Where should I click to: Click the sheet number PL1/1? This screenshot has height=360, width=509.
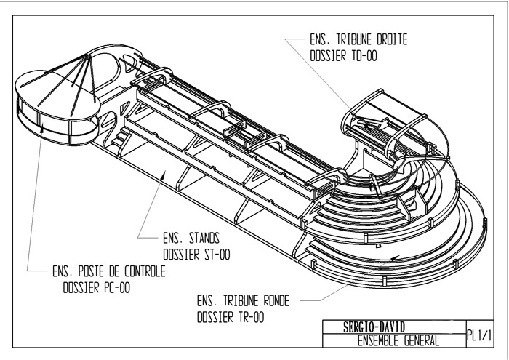pyautogui.click(x=481, y=333)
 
